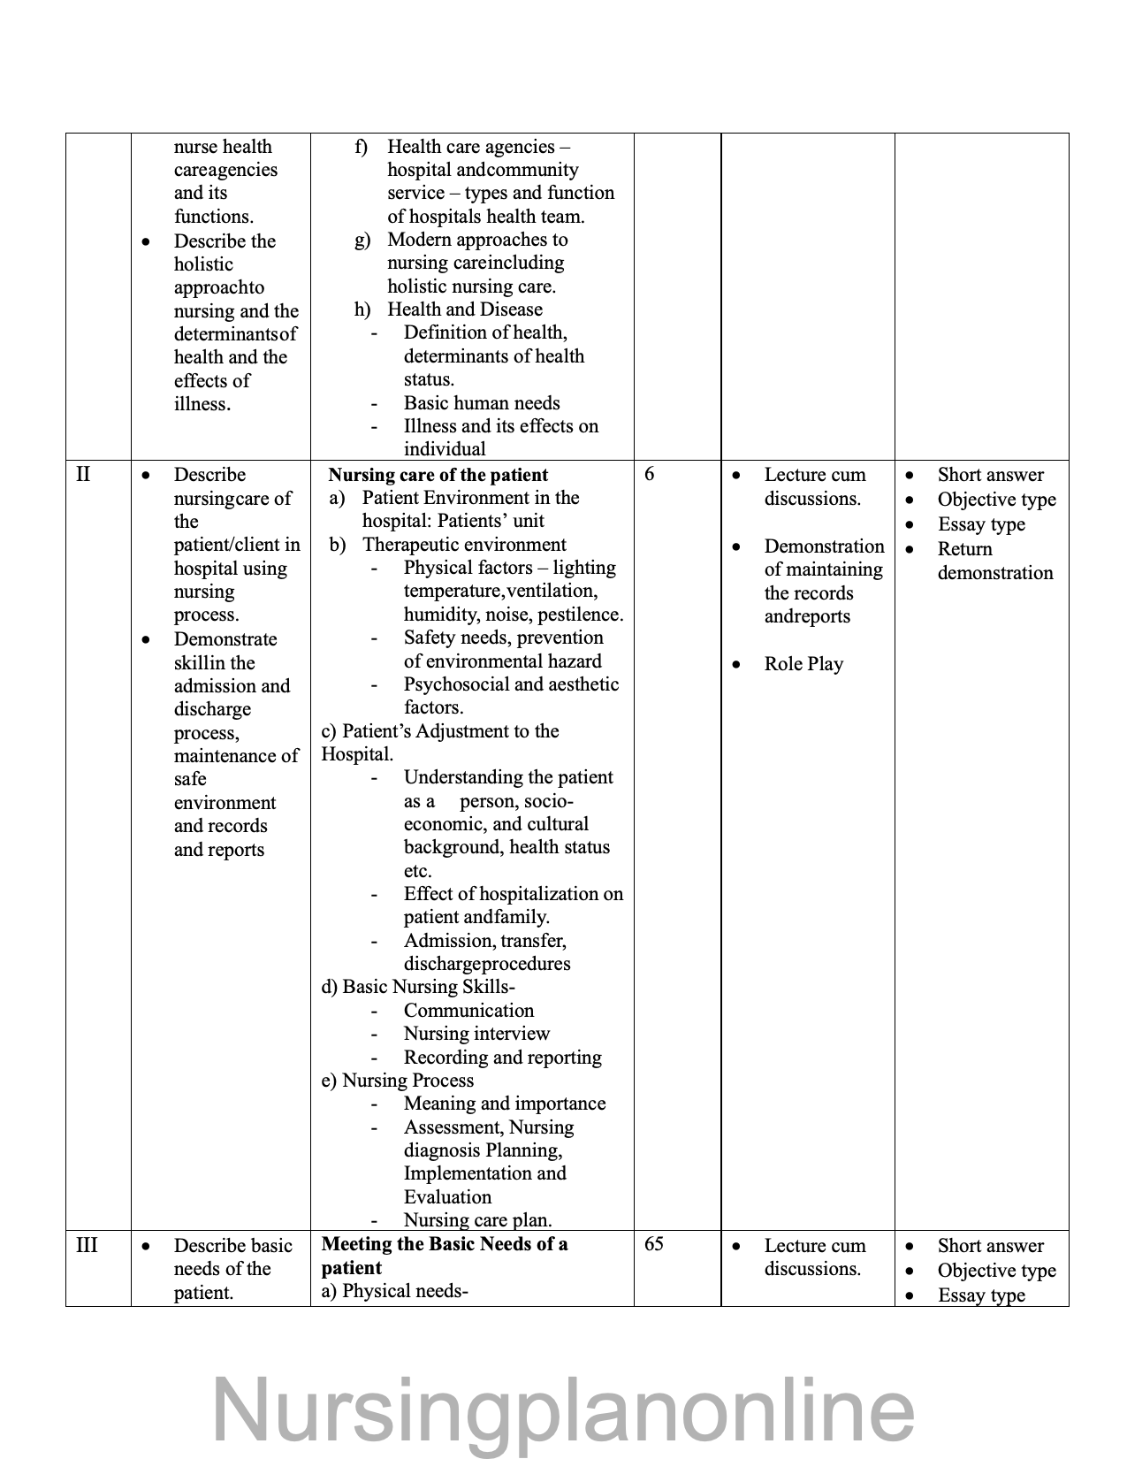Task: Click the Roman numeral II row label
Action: tap(83, 475)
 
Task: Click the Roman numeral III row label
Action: tap(87, 1246)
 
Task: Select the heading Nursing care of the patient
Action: tap(438, 475)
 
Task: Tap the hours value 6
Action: tap(650, 474)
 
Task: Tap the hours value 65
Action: tap(654, 1244)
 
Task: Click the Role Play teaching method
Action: tap(803, 664)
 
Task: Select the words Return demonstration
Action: tap(994, 561)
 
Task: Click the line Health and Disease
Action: tap(464, 309)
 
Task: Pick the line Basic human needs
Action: tap(482, 403)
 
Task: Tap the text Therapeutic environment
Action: tap(464, 545)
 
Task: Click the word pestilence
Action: tap(579, 615)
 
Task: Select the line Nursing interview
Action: tap(476, 1034)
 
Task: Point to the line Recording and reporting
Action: tap(502, 1058)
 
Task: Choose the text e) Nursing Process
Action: tap(398, 1081)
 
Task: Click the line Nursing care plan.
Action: tap(477, 1220)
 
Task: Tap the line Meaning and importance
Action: tap(505, 1104)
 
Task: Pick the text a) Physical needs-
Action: tap(394, 1291)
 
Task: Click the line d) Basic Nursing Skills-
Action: tap(418, 987)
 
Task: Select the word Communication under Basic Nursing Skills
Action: tap(468, 1011)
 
